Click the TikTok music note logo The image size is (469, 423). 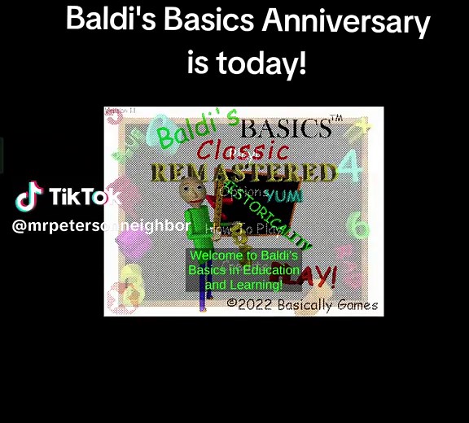coord(29,196)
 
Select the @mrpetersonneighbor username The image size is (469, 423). coord(101,225)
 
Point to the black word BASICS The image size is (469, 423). coord(286,129)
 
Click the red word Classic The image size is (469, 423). coord(243,150)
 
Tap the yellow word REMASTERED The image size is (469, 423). coord(243,172)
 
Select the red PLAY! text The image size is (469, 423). coord(315,278)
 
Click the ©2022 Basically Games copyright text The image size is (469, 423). coord(302,304)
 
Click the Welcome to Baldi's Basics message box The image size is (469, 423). coord(243,270)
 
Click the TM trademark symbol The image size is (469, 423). coord(336,119)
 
